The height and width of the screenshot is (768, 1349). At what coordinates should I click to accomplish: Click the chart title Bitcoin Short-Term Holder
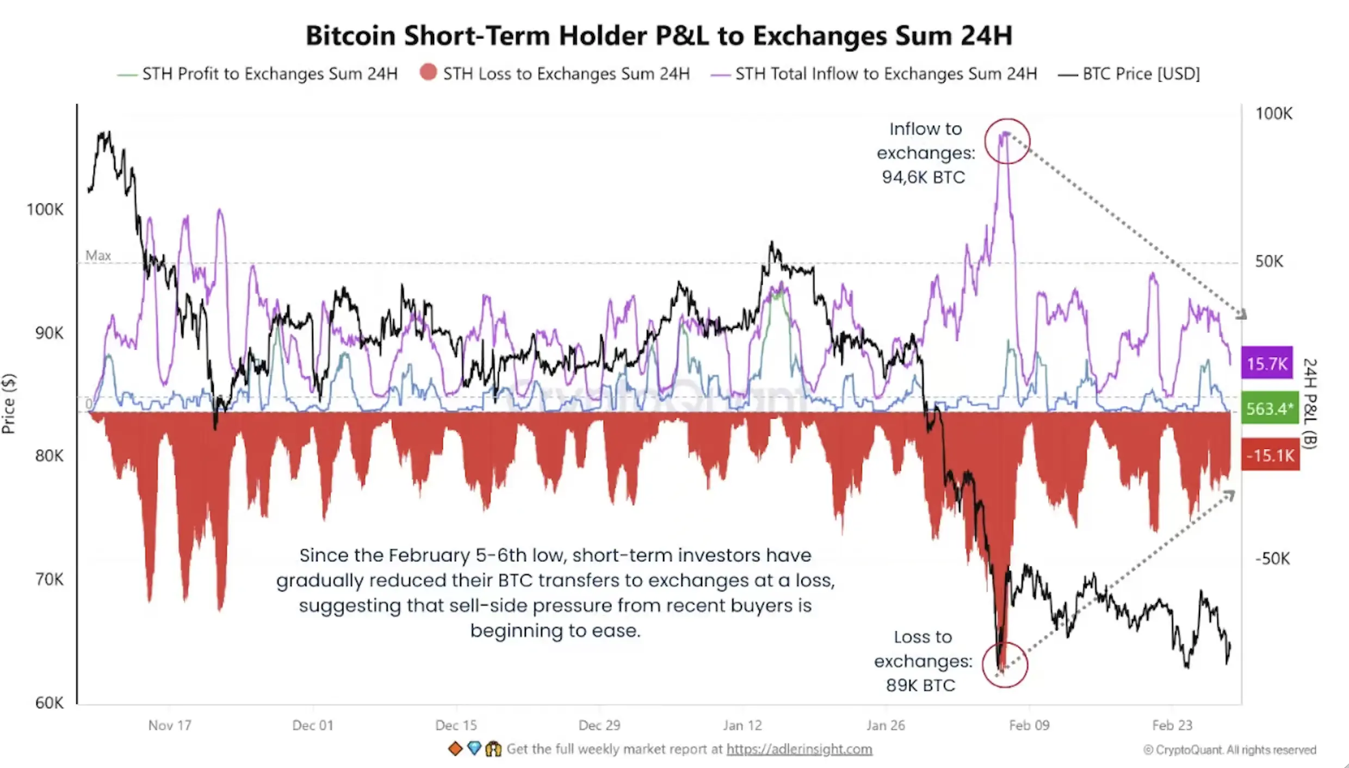point(659,36)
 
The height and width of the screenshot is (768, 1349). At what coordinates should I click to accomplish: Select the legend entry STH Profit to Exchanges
point(269,74)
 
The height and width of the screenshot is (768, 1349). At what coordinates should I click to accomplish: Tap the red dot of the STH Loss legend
point(428,72)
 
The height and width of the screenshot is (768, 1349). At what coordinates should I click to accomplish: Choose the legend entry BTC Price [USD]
point(1141,74)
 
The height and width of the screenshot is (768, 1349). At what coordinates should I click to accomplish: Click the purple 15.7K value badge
point(1267,363)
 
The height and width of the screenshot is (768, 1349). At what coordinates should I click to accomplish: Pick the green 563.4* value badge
point(1270,408)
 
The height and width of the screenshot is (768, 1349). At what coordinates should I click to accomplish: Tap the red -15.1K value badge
point(1270,455)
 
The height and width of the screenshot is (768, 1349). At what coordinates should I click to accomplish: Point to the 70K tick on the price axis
point(49,580)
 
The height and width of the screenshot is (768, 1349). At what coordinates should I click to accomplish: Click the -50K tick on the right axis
point(1272,559)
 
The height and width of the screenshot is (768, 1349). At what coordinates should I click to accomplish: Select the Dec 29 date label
point(599,726)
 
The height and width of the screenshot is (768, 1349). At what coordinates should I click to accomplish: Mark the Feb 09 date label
point(1029,726)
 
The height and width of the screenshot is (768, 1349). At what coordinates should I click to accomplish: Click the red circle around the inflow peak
point(1007,141)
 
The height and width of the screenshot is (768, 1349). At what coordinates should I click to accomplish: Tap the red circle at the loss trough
point(1005,665)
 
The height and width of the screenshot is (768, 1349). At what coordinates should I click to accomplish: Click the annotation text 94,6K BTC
point(923,177)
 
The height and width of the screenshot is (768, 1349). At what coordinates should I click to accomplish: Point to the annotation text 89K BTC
point(920,685)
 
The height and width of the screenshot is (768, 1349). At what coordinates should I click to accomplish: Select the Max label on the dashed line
point(98,256)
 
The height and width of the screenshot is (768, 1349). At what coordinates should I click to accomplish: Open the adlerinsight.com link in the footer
point(799,750)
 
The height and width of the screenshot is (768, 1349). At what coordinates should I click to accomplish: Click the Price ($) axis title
point(9,404)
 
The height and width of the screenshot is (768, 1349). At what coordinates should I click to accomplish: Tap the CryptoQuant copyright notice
point(1229,750)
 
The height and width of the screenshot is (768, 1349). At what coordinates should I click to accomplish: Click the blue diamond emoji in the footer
point(474,749)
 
